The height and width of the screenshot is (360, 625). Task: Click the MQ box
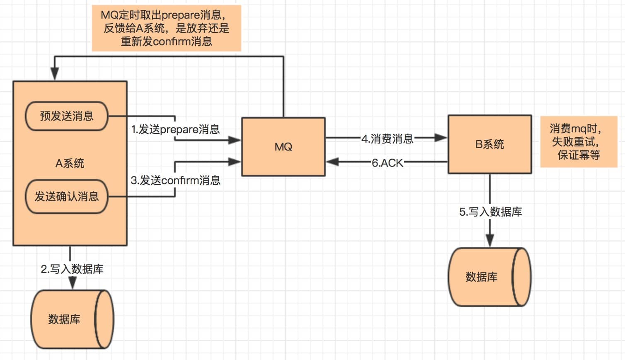coord(283,147)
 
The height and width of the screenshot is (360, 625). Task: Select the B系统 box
coord(489,144)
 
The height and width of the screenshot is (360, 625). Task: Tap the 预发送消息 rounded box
coord(67,116)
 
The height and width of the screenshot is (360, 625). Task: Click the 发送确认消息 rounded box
coord(67,197)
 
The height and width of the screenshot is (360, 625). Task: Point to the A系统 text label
coord(70,163)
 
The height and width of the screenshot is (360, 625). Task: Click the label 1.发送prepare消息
coord(175,129)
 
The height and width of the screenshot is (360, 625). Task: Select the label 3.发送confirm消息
coord(175,180)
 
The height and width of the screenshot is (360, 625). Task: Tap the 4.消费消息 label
coord(387,139)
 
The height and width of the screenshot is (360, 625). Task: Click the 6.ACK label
coord(387,163)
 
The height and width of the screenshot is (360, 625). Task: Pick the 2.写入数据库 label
coord(72,269)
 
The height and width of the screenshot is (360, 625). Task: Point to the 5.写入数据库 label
coord(490,212)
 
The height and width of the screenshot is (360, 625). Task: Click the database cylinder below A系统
coord(72,319)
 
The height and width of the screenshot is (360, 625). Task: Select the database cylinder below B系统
coord(489,277)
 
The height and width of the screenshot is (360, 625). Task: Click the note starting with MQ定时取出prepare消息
coord(166,28)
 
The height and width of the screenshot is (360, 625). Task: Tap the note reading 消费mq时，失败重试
coord(579,142)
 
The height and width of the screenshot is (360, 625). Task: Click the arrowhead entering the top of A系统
coord(54,75)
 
